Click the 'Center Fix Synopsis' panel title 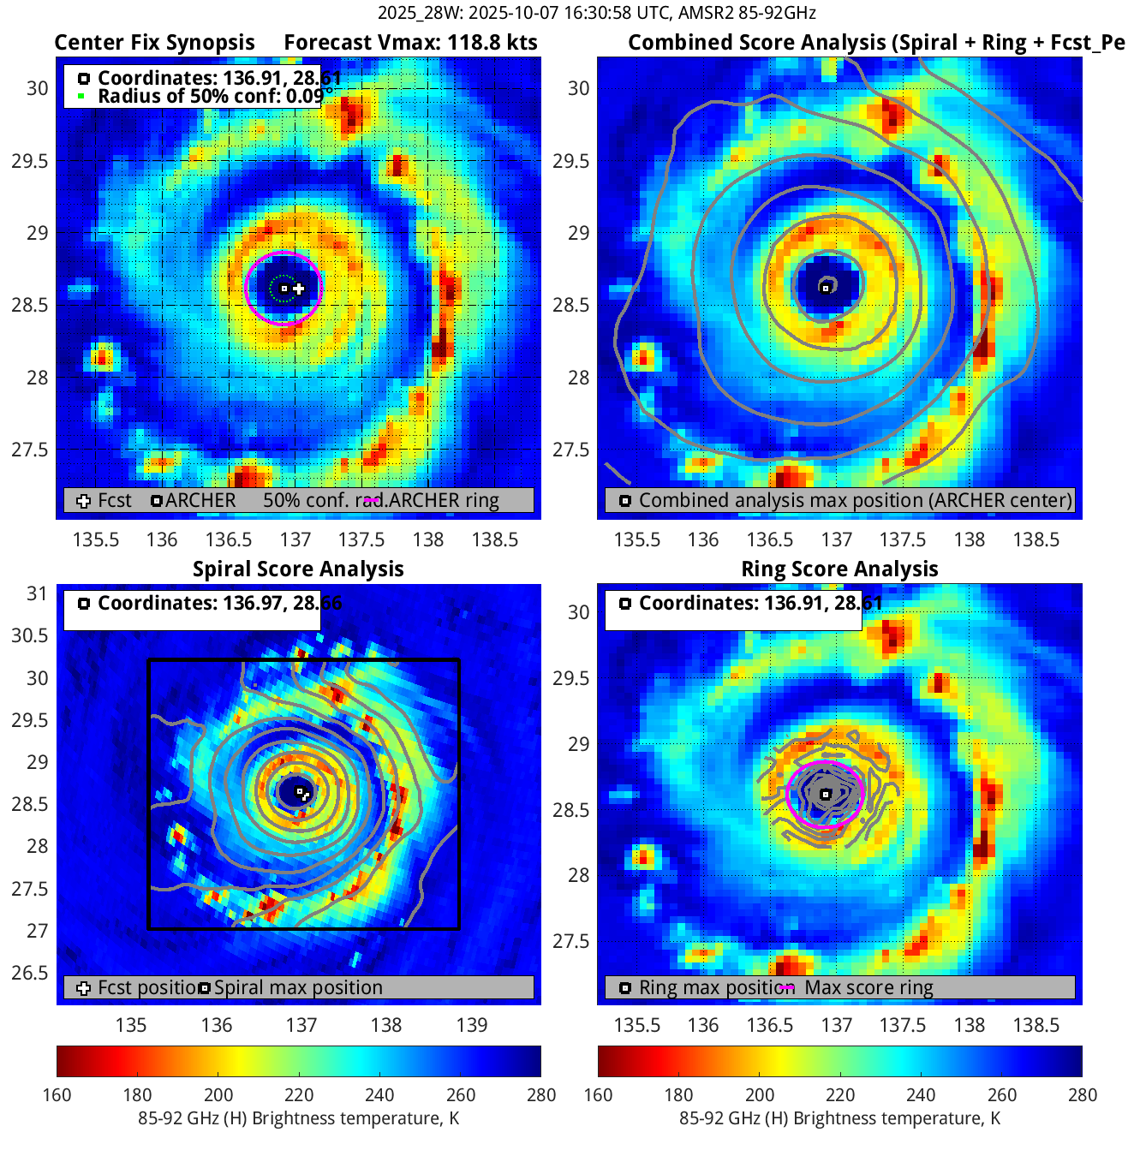[154, 43]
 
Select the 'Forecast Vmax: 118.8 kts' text [410, 43]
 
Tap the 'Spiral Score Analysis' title [298, 569]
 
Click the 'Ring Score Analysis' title [839, 569]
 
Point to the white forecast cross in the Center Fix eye [299, 289]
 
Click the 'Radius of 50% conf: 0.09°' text [210, 96]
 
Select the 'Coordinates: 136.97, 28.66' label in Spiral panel [219, 603]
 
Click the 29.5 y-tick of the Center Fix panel [30, 161]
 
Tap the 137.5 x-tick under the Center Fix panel [361, 539]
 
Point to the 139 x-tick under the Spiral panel [472, 1025]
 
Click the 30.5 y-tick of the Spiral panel [30, 635]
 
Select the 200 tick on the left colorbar [218, 1094]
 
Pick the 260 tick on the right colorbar [1002, 1094]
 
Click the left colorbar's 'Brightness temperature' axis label [298, 1118]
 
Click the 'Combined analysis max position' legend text [855, 500]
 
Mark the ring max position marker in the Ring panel [826, 795]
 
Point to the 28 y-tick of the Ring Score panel [579, 875]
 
